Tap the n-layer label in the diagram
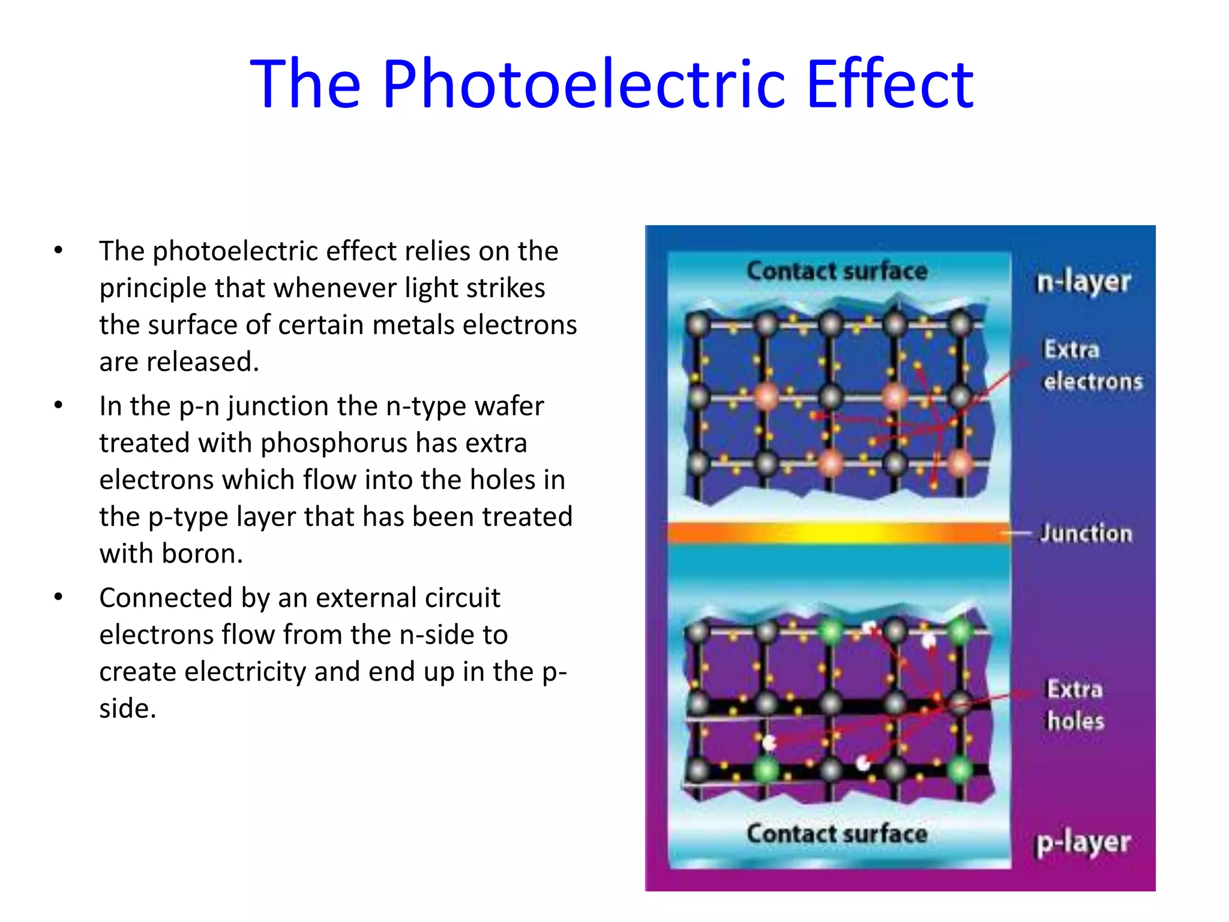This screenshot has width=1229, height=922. [x=1083, y=282]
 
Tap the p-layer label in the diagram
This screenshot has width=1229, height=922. [x=1083, y=843]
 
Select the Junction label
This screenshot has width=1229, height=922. [x=1086, y=533]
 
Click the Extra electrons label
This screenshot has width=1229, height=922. [x=1092, y=365]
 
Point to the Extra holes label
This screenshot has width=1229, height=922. [x=1075, y=705]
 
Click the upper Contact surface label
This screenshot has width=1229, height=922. [x=837, y=271]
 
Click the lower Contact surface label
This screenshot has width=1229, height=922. [x=837, y=833]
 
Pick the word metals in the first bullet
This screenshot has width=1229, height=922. [x=413, y=325]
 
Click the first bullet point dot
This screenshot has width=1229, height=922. [x=58, y=250]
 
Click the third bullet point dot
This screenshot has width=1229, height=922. [x=58, y=597]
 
